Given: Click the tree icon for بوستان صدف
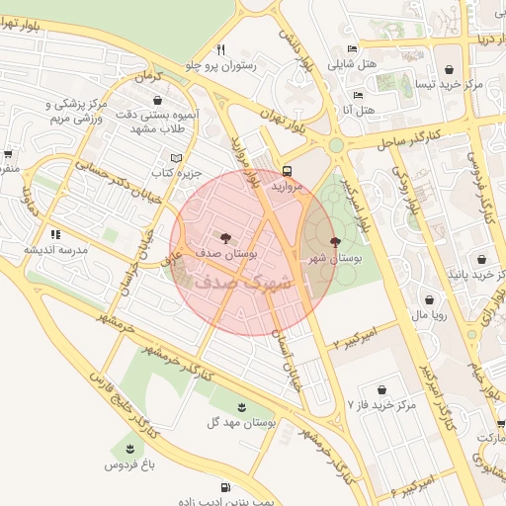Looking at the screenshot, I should tap(223, 237).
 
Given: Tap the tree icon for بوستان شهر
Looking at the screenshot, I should tap(335, 241).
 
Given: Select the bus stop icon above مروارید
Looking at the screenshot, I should tap(287, 169).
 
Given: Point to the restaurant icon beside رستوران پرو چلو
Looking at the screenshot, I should tap(221, 49).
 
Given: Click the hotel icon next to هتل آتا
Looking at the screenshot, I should tap(357, 97).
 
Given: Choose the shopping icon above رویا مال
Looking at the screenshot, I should tap(429, 298).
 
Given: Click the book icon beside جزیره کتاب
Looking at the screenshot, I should tap(177, 158).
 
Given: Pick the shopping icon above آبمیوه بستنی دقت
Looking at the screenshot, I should tap(158, 99).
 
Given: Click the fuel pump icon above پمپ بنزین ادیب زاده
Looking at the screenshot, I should tap(225, 486).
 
